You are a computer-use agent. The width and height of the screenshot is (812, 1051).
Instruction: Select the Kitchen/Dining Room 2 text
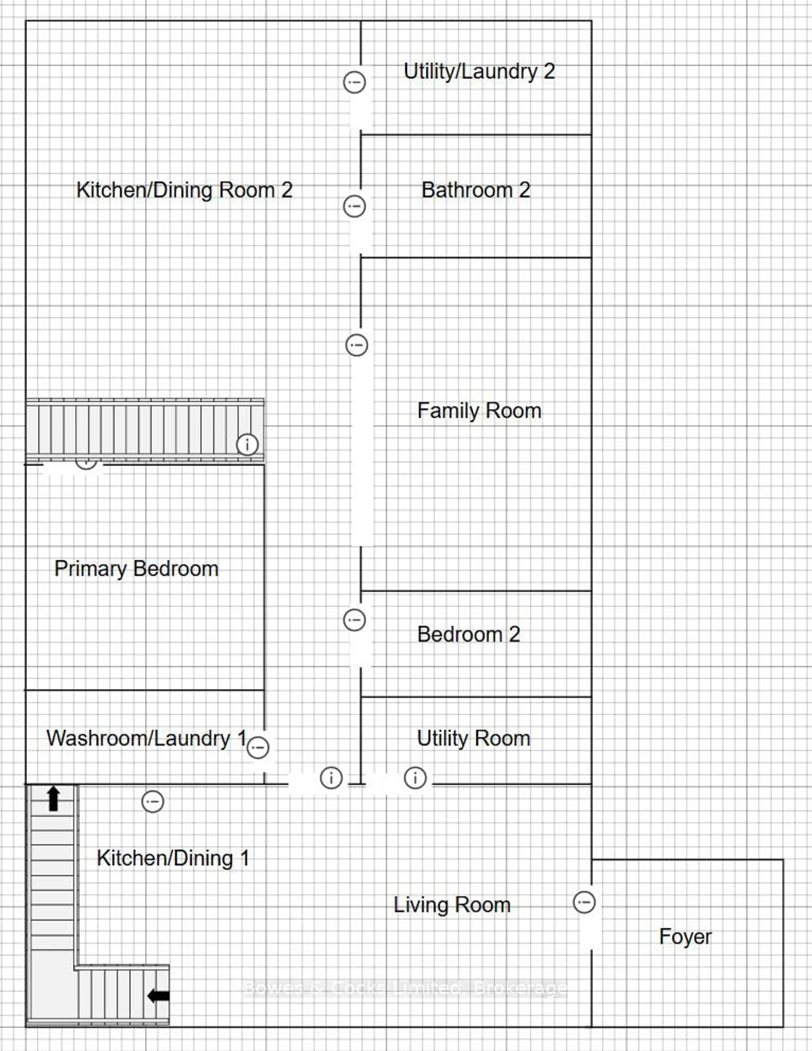(184, 190)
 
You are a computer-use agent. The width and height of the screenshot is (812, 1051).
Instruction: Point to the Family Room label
(479, 410)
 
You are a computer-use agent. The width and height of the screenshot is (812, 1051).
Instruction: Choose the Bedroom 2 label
(469, 634)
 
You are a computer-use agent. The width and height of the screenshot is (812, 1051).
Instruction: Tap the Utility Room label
(473, 738)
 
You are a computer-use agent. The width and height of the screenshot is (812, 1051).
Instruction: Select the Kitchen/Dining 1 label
(173, 858)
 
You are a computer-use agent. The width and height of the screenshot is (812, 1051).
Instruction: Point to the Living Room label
(452, 905)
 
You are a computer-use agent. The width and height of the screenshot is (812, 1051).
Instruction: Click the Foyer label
(685, 937)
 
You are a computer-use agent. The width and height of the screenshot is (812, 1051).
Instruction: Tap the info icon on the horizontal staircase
(247, 444)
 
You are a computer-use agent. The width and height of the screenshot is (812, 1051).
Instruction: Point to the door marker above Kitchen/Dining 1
(152, 802)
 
